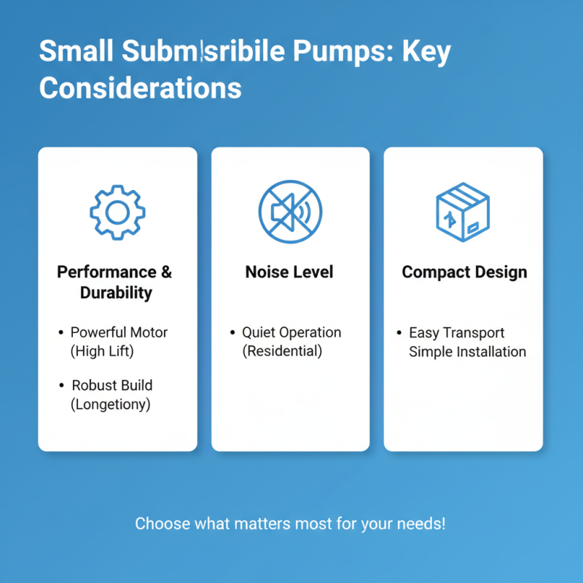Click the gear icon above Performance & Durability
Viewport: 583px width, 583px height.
[117, 212]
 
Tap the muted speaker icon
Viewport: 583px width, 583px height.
[290, 212]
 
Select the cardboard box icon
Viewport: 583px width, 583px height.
[463, 211]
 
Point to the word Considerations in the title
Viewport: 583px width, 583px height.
[140, 87]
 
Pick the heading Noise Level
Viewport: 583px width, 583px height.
[289, 273]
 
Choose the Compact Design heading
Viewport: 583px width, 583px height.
[463, 273]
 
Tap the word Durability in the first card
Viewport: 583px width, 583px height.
[117, 293]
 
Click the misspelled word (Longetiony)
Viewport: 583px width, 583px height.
[111, 404]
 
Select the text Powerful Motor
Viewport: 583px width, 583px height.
[119, 332]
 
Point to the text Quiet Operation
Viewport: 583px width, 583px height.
[291, 332]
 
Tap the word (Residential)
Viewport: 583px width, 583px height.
[282, 351]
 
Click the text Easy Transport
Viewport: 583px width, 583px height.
[457, 333]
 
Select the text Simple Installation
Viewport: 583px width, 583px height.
[467, 352]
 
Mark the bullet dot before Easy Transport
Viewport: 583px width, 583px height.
[399, 333]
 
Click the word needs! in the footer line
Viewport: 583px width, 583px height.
[420, 524]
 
